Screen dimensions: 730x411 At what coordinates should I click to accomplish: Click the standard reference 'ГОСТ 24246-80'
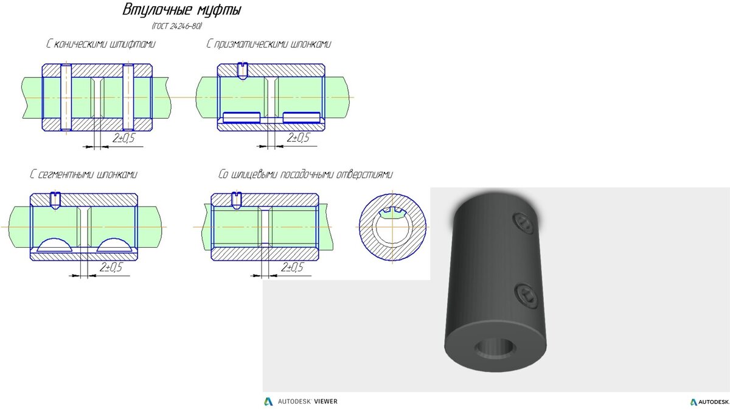pos(176,27)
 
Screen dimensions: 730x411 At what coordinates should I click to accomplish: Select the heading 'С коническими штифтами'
pos(100,44)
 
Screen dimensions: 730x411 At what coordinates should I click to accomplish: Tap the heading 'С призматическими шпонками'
pos(269,44)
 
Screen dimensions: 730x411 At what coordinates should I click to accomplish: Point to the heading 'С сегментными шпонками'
pos(84,174)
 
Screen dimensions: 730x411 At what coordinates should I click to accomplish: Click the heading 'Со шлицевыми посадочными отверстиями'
pos(305,174)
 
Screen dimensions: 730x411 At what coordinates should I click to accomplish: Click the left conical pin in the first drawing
pos(66,97)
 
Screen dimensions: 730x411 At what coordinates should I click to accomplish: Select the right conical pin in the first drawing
pos(128,97)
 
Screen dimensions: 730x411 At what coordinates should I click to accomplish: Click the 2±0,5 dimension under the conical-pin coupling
pos(123,139)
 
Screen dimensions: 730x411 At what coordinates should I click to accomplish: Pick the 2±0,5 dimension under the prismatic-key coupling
pos(297,138)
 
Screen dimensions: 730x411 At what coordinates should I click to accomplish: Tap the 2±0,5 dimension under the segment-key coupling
pos(111,267)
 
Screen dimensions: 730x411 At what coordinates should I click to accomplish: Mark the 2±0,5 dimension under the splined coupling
pos(293,267)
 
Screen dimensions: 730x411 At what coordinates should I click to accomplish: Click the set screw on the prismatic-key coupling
pos(242,71)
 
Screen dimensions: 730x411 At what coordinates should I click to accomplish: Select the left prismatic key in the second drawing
pos(242,118)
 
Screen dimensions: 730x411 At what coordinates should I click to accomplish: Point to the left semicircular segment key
pos(54,245)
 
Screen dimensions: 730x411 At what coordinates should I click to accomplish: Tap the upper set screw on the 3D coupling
pos(524,222)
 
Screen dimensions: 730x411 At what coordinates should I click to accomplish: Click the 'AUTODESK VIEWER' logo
pos(301,401)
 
